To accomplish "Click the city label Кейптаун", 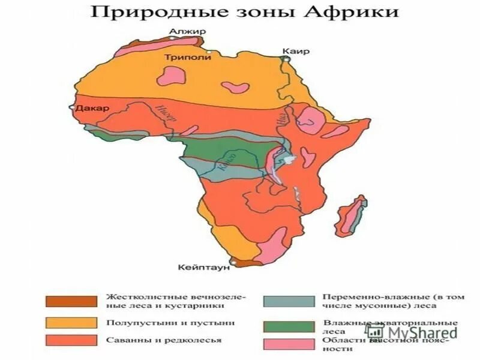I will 205,268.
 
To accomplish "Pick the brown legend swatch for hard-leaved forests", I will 71,301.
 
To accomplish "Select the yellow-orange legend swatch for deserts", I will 71,322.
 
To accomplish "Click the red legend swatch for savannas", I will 71,340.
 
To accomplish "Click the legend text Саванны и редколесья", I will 164,340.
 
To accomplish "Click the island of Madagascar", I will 351,219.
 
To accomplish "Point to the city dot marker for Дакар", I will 71,109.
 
